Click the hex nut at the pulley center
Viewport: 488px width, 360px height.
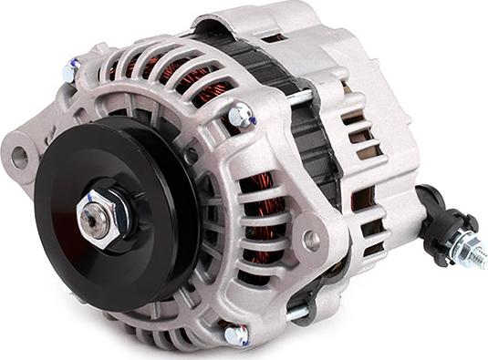point(99,218)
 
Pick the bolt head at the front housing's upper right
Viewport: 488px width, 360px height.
point(240,116)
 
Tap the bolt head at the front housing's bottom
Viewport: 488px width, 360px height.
point(235,334)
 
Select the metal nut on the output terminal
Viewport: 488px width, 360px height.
point(455,243)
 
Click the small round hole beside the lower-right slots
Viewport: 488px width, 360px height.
point(311,241)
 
